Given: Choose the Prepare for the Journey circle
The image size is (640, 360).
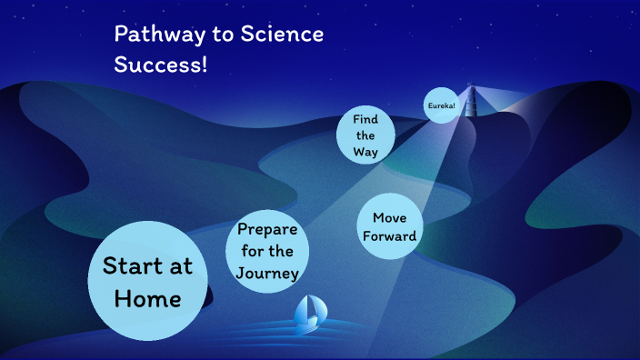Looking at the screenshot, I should coord(267,251).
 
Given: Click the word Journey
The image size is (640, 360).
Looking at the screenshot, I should coord(267,273).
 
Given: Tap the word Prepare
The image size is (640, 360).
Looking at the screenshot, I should coord(267,229).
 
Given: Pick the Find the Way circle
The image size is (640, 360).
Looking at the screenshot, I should coord(365,135).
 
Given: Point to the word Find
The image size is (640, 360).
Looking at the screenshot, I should coord(365,119).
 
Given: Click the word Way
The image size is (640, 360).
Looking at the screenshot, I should coord(365,152).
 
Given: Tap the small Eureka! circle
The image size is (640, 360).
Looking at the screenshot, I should coord(441,105).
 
